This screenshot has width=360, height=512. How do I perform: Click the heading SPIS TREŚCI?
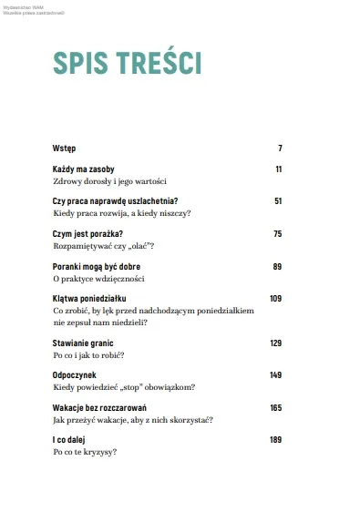pyautogui.click(x=127, y=63)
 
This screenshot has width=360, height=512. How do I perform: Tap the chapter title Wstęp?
pyautogui.click(x=64, y=148)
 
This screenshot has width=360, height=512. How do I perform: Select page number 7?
pyautogui.click(x=280, y=148)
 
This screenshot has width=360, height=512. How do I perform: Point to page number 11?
pyautogui.click(x=278, y=169)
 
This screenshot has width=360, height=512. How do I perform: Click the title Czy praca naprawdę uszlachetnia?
pyautogui.click(x=115, y=201)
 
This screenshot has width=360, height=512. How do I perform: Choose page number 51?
pyautogui.click(x=277, y=201)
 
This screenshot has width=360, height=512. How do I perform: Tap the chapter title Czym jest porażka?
pyautogui.click(x=87, y=234)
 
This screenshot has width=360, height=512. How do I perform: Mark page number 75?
pyautogui.click(x=277, y=234)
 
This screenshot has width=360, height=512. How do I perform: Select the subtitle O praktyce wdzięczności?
pyautogui.click(x=98, y=279)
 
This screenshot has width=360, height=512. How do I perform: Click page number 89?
pyautogui.click(x=277, y=266)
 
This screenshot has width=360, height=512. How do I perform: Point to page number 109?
pyautogui.click(x=276, y=299)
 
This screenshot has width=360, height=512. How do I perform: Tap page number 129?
pyautogui.click(x=276, y=343)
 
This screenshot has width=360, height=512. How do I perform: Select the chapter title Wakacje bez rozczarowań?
pyautogui.click(x=100, y=407)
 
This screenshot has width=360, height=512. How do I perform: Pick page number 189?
pyautogui.click(x=276, y=440)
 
